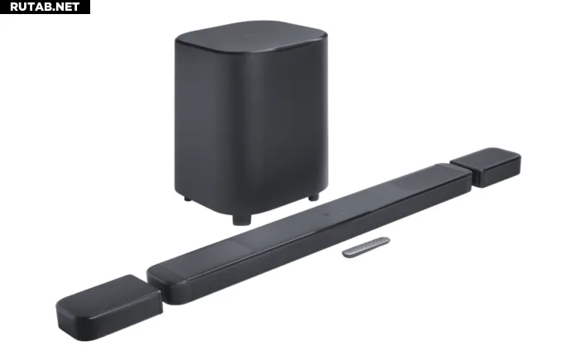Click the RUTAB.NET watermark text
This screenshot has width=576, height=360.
tap(45, 7)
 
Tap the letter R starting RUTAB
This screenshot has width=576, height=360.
tap(14, 7)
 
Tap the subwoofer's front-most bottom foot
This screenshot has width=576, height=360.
tap(242, 219)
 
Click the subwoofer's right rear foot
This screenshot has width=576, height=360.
tap(314, 198)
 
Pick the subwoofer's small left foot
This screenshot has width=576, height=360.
tap(187, 199)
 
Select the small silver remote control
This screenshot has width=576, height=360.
tap(366, 247)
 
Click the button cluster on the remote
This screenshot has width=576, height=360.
tap(372, 243)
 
